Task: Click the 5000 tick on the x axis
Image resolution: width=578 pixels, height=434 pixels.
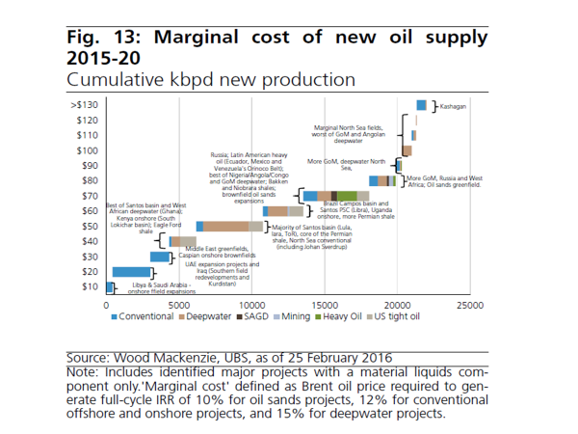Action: [179, 306]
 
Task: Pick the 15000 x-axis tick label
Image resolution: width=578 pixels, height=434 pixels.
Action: [325, 306]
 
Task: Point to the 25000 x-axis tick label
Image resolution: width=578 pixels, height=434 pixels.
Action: [470, 306]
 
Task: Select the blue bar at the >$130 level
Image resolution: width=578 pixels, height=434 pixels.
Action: [421, 105]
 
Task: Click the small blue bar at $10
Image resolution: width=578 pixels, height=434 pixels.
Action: [110, 286]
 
